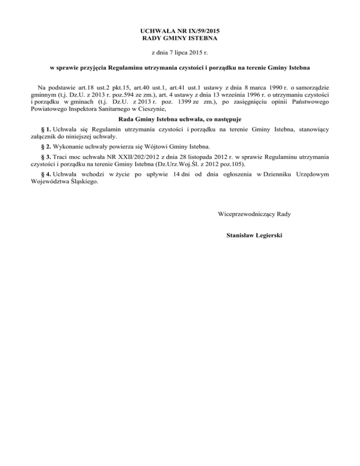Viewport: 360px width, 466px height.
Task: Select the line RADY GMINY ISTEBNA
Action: coord(180,37)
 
